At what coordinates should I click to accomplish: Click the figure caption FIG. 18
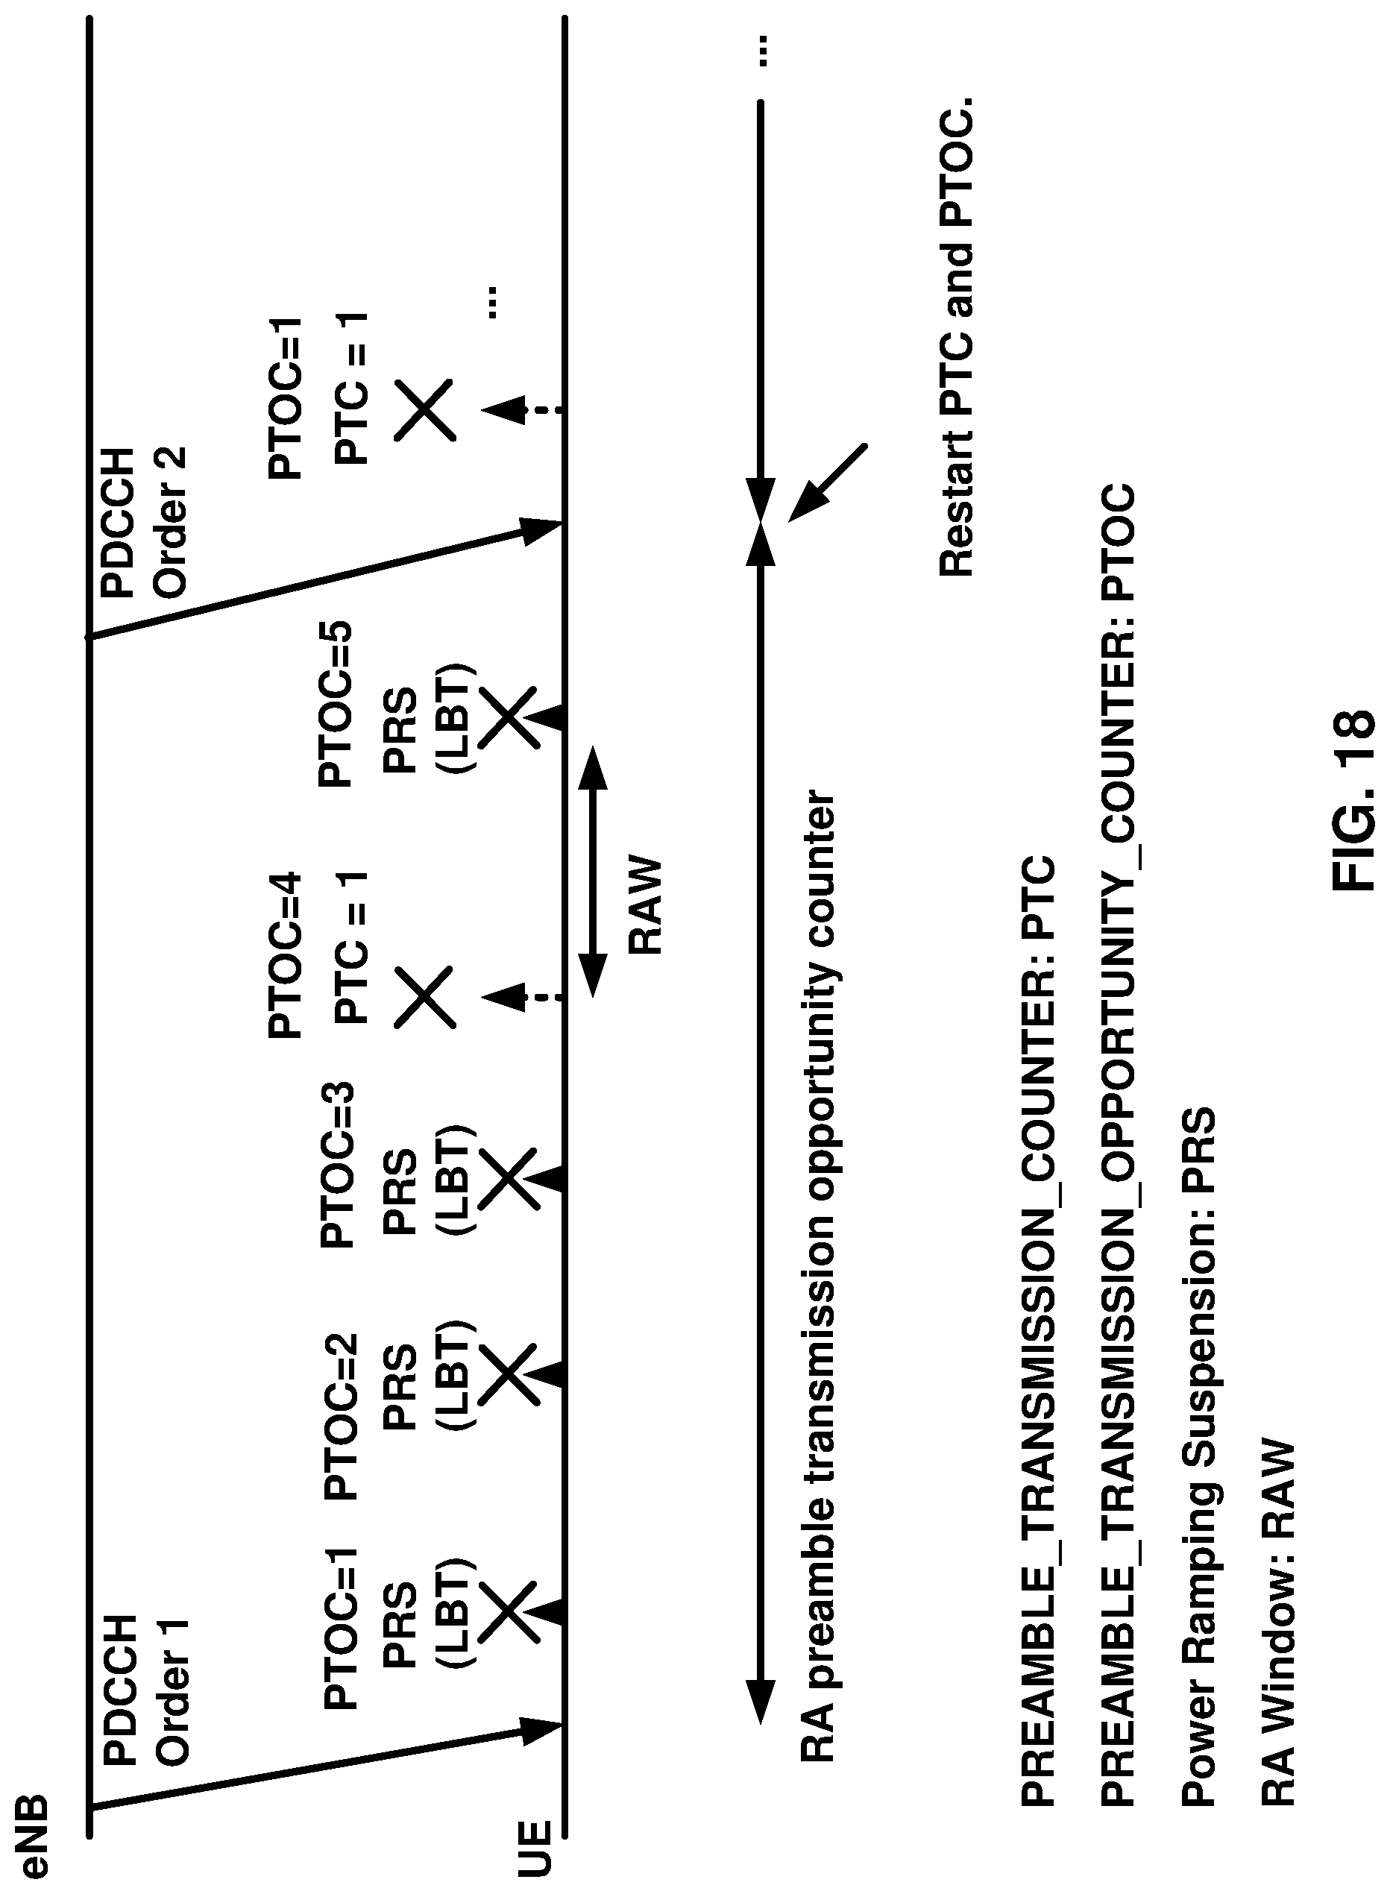click(x=1353, y=799)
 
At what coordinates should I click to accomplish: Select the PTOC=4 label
click(x=284, y=955)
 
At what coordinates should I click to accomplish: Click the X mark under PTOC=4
click(x=425, y=997)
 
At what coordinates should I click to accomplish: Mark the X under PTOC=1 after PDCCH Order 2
click(x=425, y=410)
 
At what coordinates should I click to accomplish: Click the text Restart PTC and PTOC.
click(x=957, y=337)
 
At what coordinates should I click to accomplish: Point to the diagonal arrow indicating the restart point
click(x=826, y=483)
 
